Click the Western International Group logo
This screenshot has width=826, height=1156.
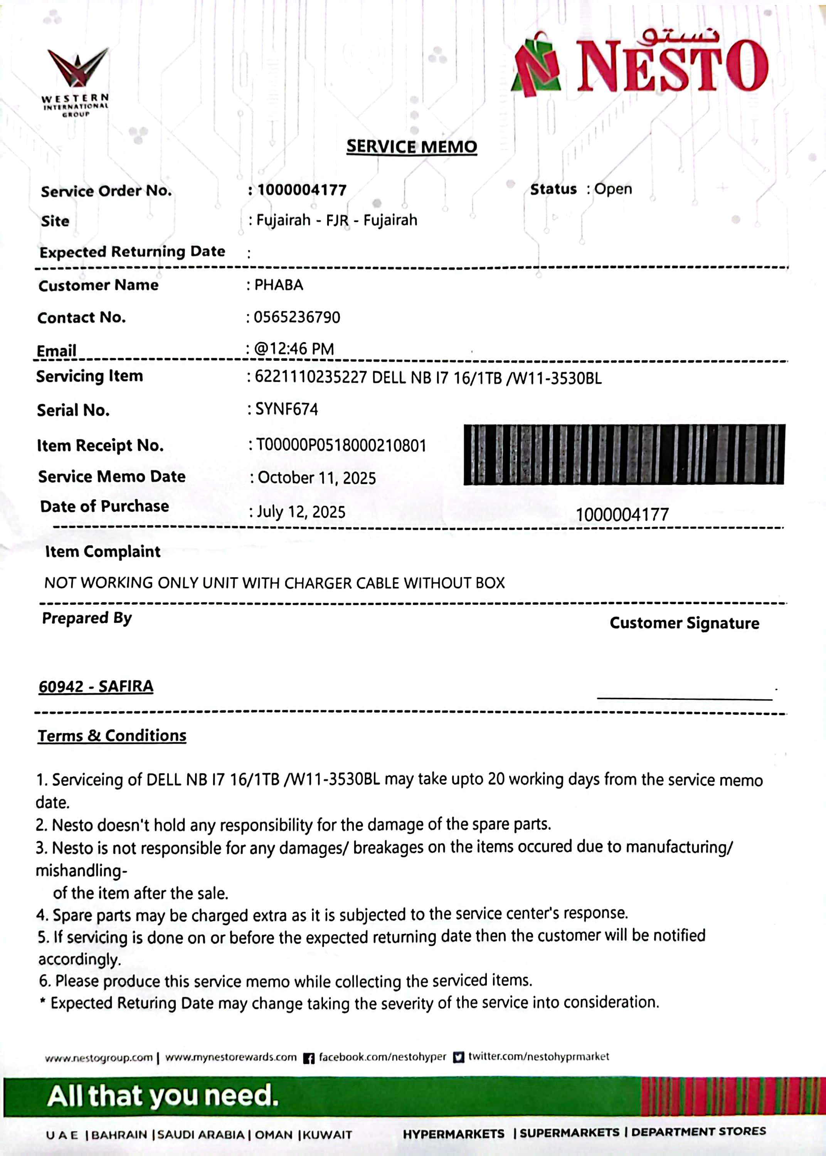(x=77, y=81)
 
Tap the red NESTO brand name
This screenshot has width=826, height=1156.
(x=671, y=67)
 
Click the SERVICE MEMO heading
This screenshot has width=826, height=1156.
(x=412, y=147)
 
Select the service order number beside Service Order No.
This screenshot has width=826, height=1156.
(x=302, y=190)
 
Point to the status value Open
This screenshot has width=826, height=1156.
(x=613, y=189)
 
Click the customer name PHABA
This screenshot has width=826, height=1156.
(x=278, y=285)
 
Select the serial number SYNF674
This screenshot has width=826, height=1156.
(x=286, y=409)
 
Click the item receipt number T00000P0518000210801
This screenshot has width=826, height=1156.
(x=340, y=445)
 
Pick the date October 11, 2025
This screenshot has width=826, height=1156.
(x=316, y=478)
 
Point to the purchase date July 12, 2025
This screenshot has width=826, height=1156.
(x=301, y=511)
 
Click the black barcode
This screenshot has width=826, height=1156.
(x=624, y=454)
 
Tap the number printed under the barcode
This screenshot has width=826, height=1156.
(x=622, y=514)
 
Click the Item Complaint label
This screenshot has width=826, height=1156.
(x=103, y=551)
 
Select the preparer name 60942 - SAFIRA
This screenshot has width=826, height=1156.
(x=96, y=687)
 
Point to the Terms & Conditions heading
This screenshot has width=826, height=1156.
(x=112, y=736)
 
